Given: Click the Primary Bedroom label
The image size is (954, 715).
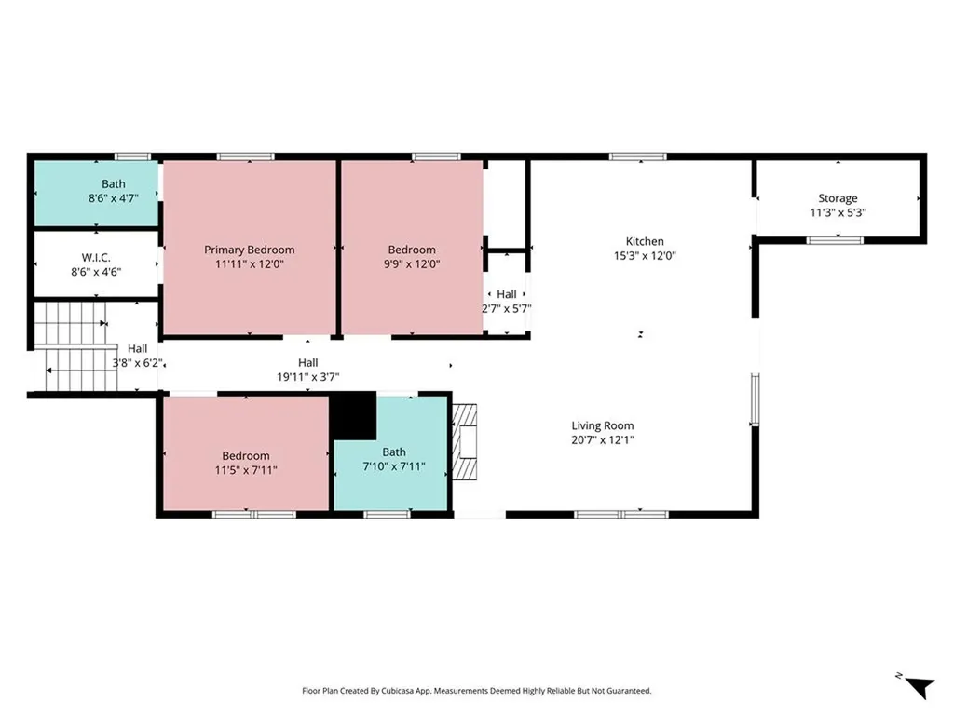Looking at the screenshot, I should pyautogui.click(x=250, y=250).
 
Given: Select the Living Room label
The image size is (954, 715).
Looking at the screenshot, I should pyautogui.click(x=603, y=425).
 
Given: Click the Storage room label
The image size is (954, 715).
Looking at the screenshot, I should pyautogui.click(x=838, y=198).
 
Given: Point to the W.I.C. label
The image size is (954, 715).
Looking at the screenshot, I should pyautogui.click(x=96, y=257).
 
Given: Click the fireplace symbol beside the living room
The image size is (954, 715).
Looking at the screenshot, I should pyautogui.click(x=466, y=441).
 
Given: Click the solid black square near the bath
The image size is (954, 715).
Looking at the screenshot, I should pyautogui.click(x=353, y=415).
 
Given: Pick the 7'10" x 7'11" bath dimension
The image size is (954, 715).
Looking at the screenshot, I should pyautogui.click(x=394, y=466).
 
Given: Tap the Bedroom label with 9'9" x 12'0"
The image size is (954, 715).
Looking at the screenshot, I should pyautogui.click(x=412, y=250).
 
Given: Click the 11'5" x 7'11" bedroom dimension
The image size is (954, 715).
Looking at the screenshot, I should pyautogui.click(x=246, y=470).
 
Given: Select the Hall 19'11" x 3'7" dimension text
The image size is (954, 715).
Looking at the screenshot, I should pyautogui.click(x=307, y=377).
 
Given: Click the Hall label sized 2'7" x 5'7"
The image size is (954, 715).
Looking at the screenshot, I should pyautogui.click(x=506, y=294).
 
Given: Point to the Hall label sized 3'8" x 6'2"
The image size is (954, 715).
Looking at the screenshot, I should pyautogui.click(x=137, y=349).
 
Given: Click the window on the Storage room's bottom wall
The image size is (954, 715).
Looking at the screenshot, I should pyautogui.click(x=835, y=240).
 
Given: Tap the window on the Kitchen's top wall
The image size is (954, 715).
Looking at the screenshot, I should pyautogui.click(x=637, y=156).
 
